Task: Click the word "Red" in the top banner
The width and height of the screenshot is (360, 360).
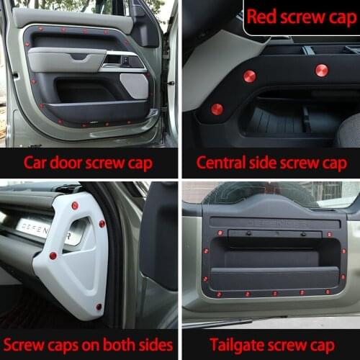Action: (262, 17)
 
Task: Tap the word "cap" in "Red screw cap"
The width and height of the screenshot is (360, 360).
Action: (339, 17)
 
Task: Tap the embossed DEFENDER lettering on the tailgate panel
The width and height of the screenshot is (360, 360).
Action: (271, 223)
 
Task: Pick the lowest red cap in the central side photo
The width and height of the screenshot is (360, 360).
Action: (217, 109)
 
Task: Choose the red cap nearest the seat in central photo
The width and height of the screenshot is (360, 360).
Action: (321, 70)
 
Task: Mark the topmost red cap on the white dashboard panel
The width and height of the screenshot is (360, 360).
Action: (75, 206)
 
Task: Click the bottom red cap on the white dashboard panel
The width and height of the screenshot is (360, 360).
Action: (99, 307)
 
